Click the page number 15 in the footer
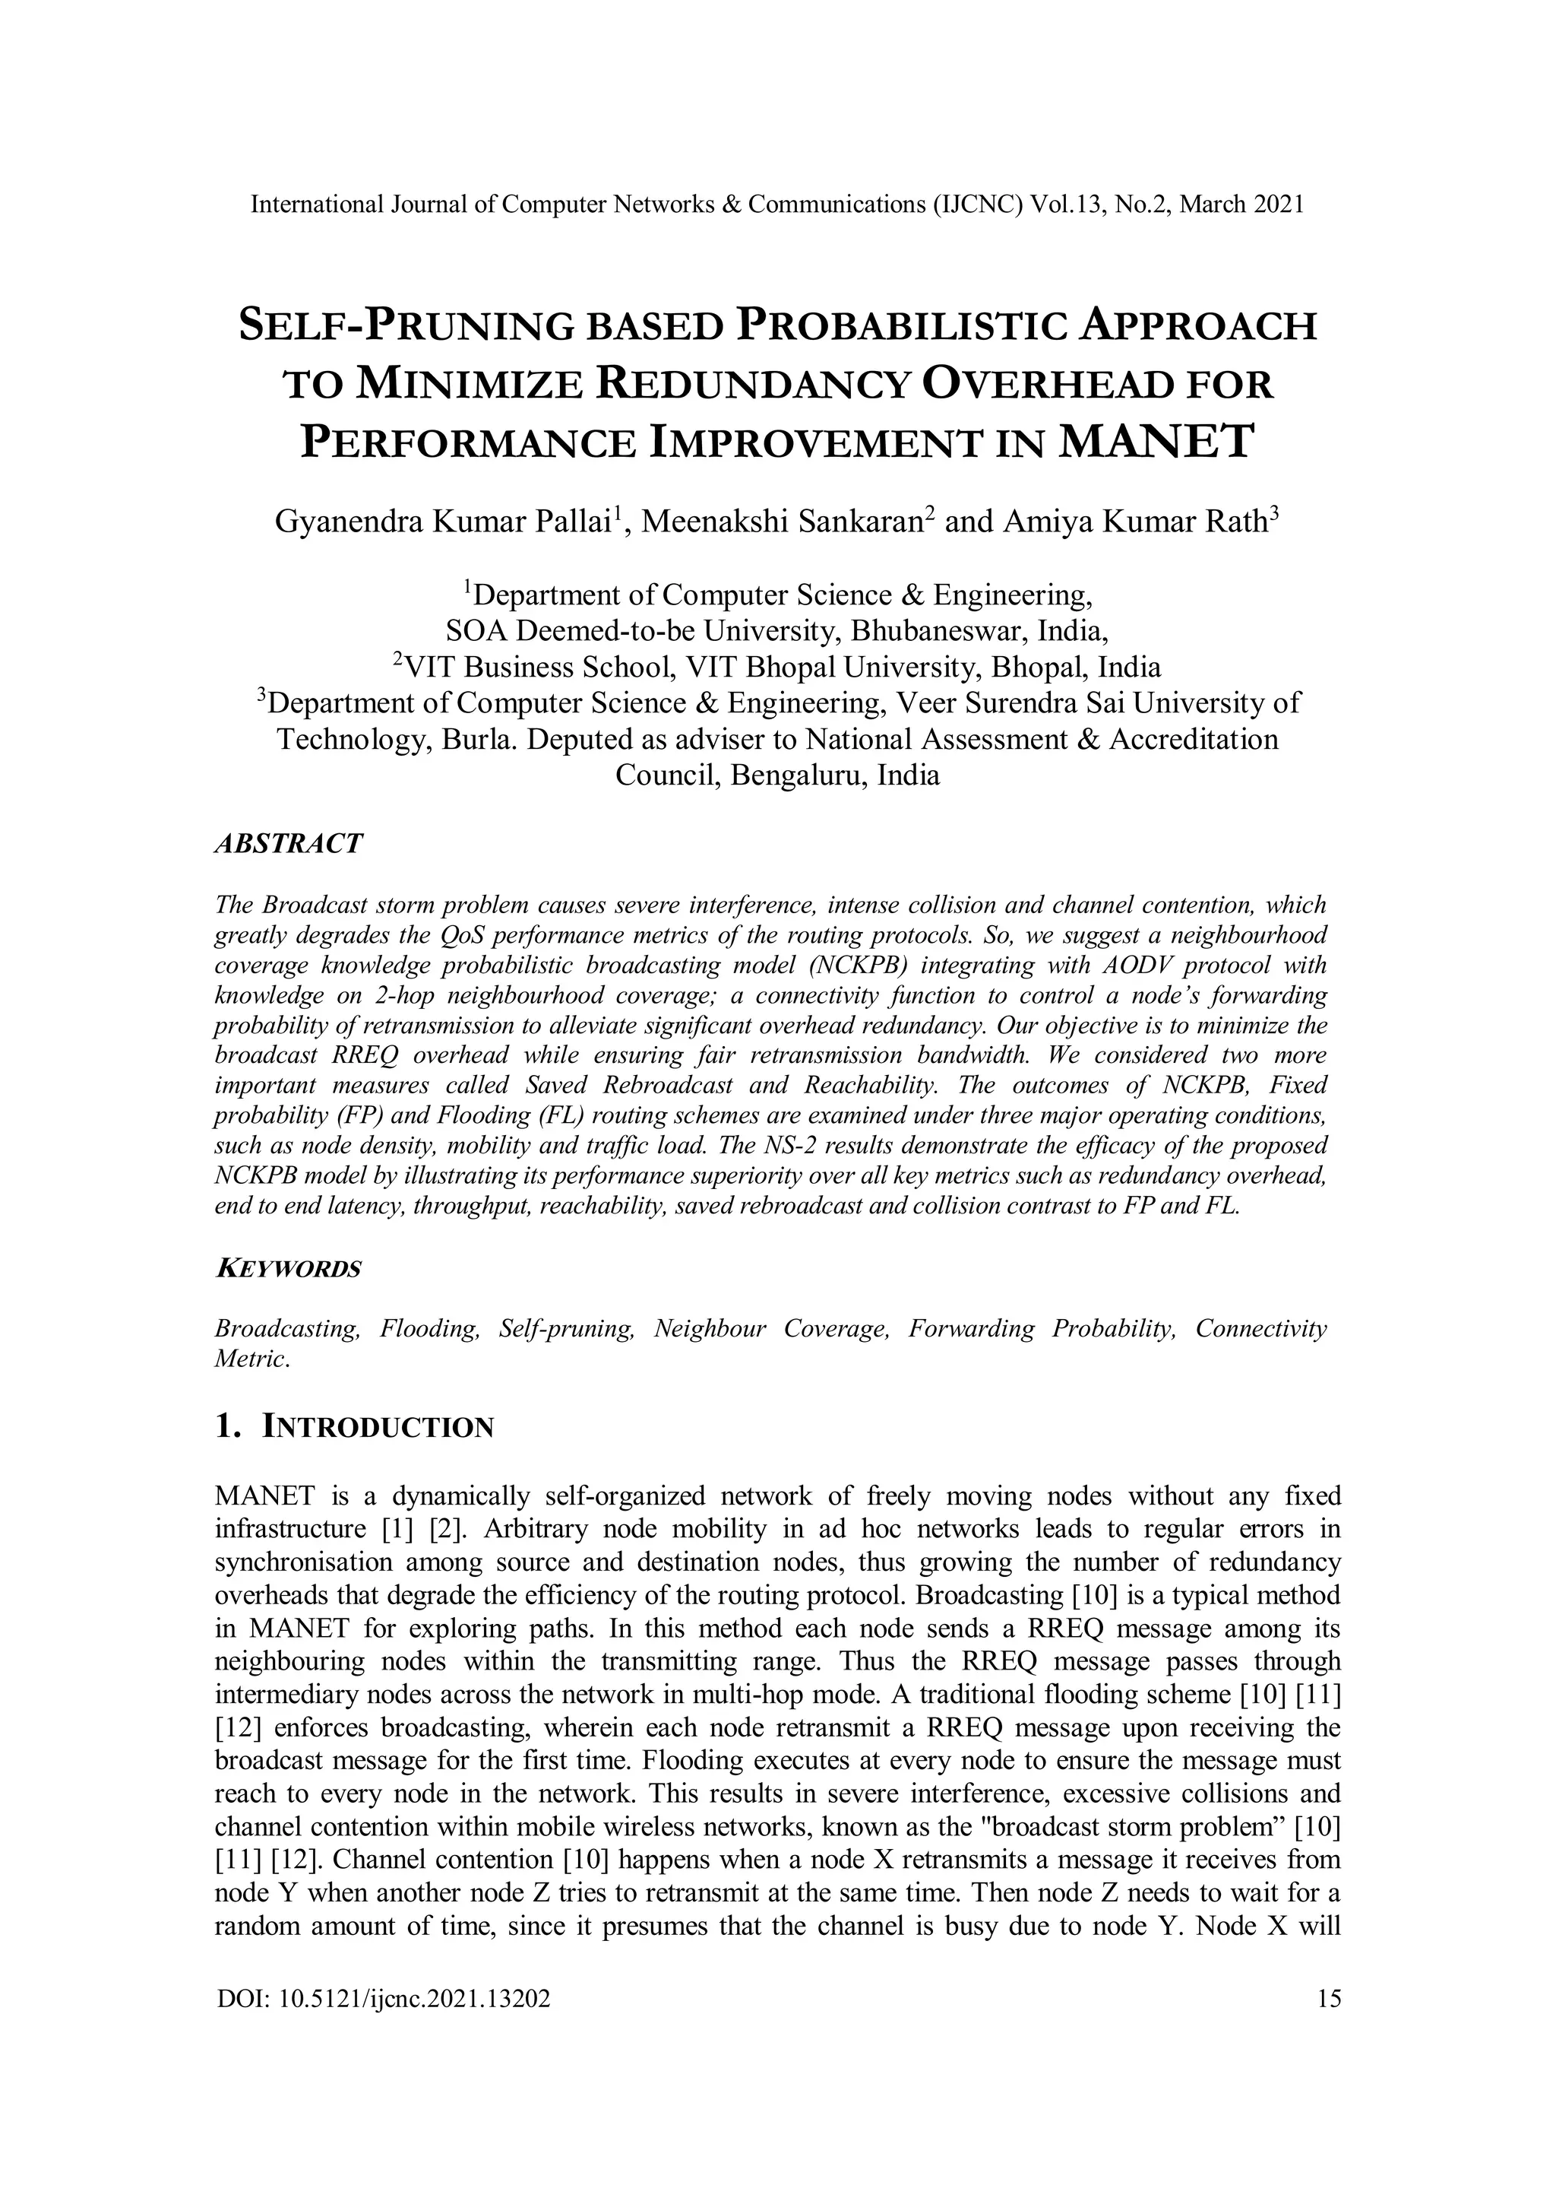[x=1329, y=1998]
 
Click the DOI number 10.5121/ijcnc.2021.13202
[x=415, y=1998]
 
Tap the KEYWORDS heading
[x=289, y=1269]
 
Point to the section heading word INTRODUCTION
[x=378, y=1427]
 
